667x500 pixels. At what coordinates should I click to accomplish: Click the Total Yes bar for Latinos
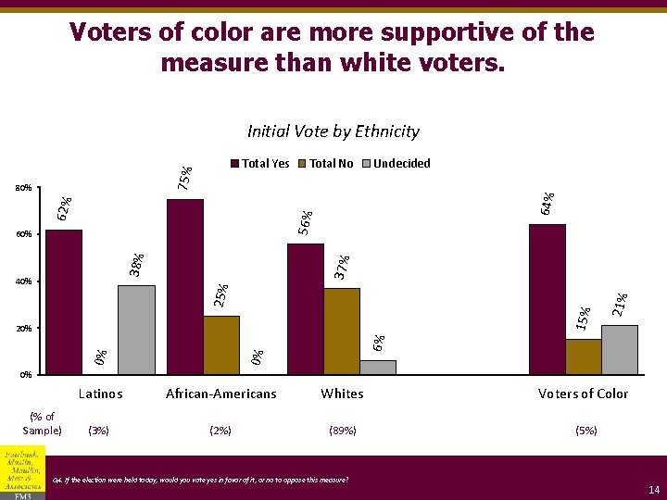click(63, 302)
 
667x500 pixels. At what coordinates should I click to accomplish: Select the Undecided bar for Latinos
click(136, 330)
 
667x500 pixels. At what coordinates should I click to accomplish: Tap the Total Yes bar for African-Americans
click(185, 287)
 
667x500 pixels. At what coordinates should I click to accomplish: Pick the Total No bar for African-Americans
click(221, 345)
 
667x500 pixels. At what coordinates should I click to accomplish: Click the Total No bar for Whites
click(342, 331)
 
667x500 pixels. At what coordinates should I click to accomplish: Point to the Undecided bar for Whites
click(378, 368)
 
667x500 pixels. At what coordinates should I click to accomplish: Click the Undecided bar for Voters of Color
click(620, 350)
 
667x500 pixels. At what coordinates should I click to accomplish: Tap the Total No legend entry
click(331, 164)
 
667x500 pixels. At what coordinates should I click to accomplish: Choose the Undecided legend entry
click(401, 164)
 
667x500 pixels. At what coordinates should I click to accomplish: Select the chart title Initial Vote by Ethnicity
click(333, 131)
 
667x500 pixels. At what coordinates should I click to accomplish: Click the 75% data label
click(185, 178)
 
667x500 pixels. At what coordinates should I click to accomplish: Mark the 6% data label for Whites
click(378, 343)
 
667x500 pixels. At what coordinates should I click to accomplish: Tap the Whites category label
click(342, 394)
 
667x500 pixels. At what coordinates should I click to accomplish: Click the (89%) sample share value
click(343, 431)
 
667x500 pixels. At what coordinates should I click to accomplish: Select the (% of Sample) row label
click(42, 423)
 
